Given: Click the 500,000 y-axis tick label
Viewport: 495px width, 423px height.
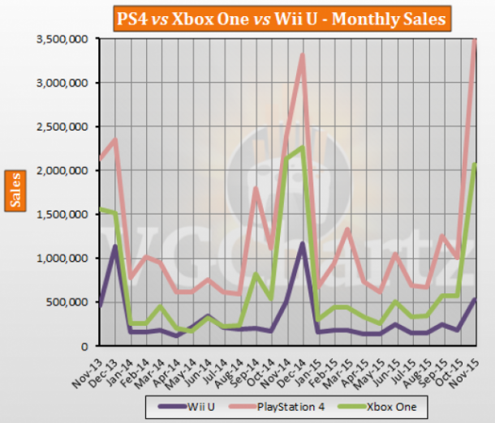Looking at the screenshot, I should click(x=67, y=302).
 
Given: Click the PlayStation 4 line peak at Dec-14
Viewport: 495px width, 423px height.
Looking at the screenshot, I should click(x=302, y=54).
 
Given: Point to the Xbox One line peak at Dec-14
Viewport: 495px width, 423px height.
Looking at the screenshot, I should click(x=302, y=147).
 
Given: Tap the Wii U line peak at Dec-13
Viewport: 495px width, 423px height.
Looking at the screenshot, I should click(x=114, y=246).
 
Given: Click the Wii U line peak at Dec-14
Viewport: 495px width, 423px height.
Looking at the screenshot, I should click(x=302, y=243).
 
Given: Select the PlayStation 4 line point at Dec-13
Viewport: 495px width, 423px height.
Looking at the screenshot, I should click(x=114, y=139).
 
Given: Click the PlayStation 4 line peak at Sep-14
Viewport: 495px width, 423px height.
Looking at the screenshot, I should click(x=255, y=189).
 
